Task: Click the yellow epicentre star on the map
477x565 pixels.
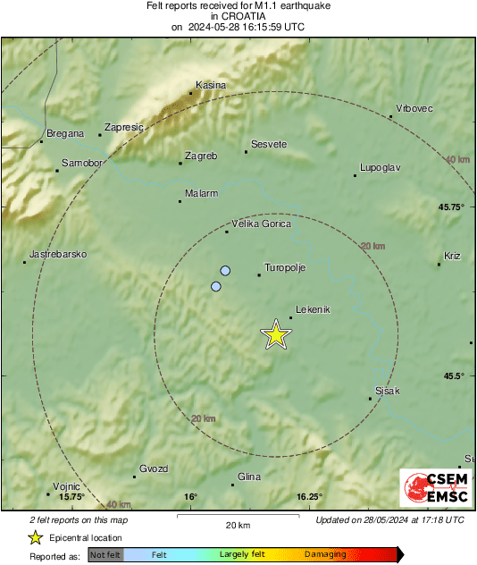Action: [x=276, y=335]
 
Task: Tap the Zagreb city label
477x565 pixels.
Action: [x=201, y=156]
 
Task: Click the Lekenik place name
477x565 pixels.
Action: [x=313, y=309]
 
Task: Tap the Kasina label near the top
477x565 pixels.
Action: [x=211, y=85]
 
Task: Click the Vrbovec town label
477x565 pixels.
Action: [x=414, y=109]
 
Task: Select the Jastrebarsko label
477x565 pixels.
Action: [x=58, y=255]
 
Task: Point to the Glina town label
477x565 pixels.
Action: [x=249, y=477]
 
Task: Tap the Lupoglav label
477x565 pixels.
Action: [x=380, y=167]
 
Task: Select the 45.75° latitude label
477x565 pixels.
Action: [x=451, y=207]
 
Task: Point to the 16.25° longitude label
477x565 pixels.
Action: [x=309, y=497]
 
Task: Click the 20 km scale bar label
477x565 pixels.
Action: [x=237, y=525]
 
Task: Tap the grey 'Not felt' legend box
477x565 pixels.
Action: [x=105, y=555]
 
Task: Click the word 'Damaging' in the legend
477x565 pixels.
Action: [x=324, y=555]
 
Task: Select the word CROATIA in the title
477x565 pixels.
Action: [x=238, y=16]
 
